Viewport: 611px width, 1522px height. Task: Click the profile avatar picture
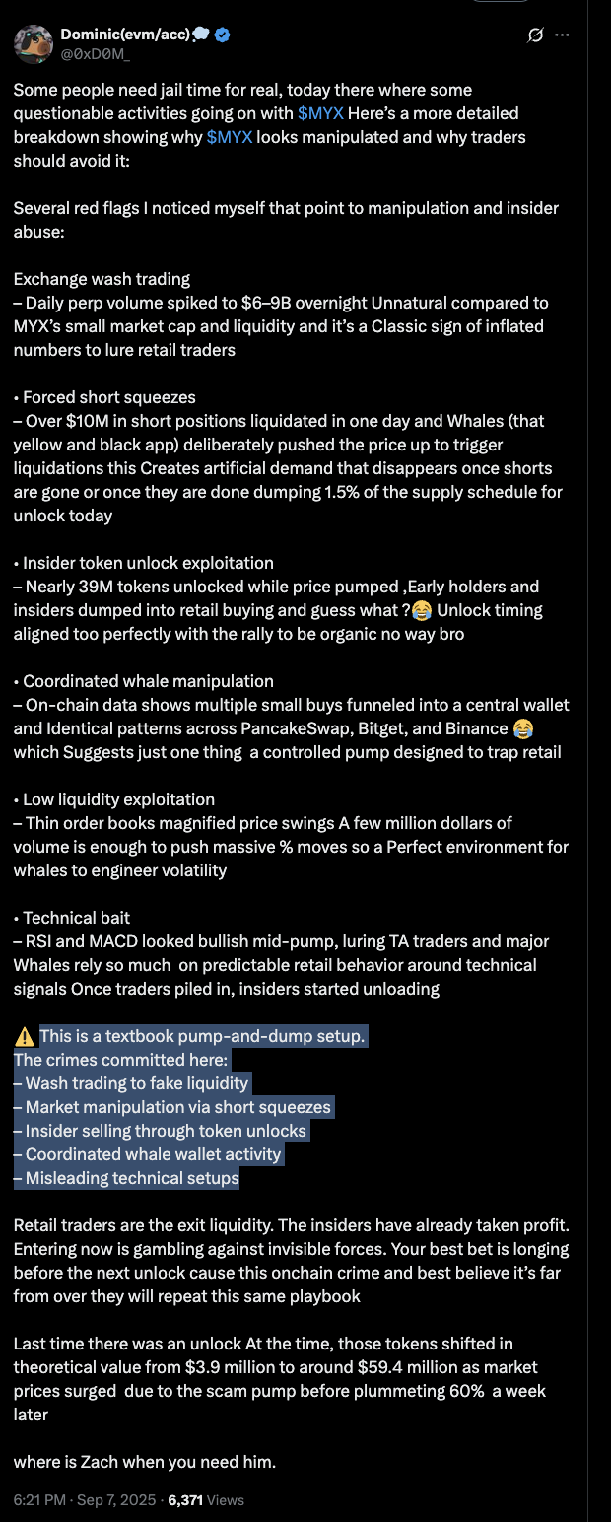(34, 44)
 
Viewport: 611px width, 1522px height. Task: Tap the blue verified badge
(223, 35)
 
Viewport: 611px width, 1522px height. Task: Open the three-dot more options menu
(563, 35)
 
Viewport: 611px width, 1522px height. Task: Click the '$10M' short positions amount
(67, 421)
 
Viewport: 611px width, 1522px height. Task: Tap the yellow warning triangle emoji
(25, 1037)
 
